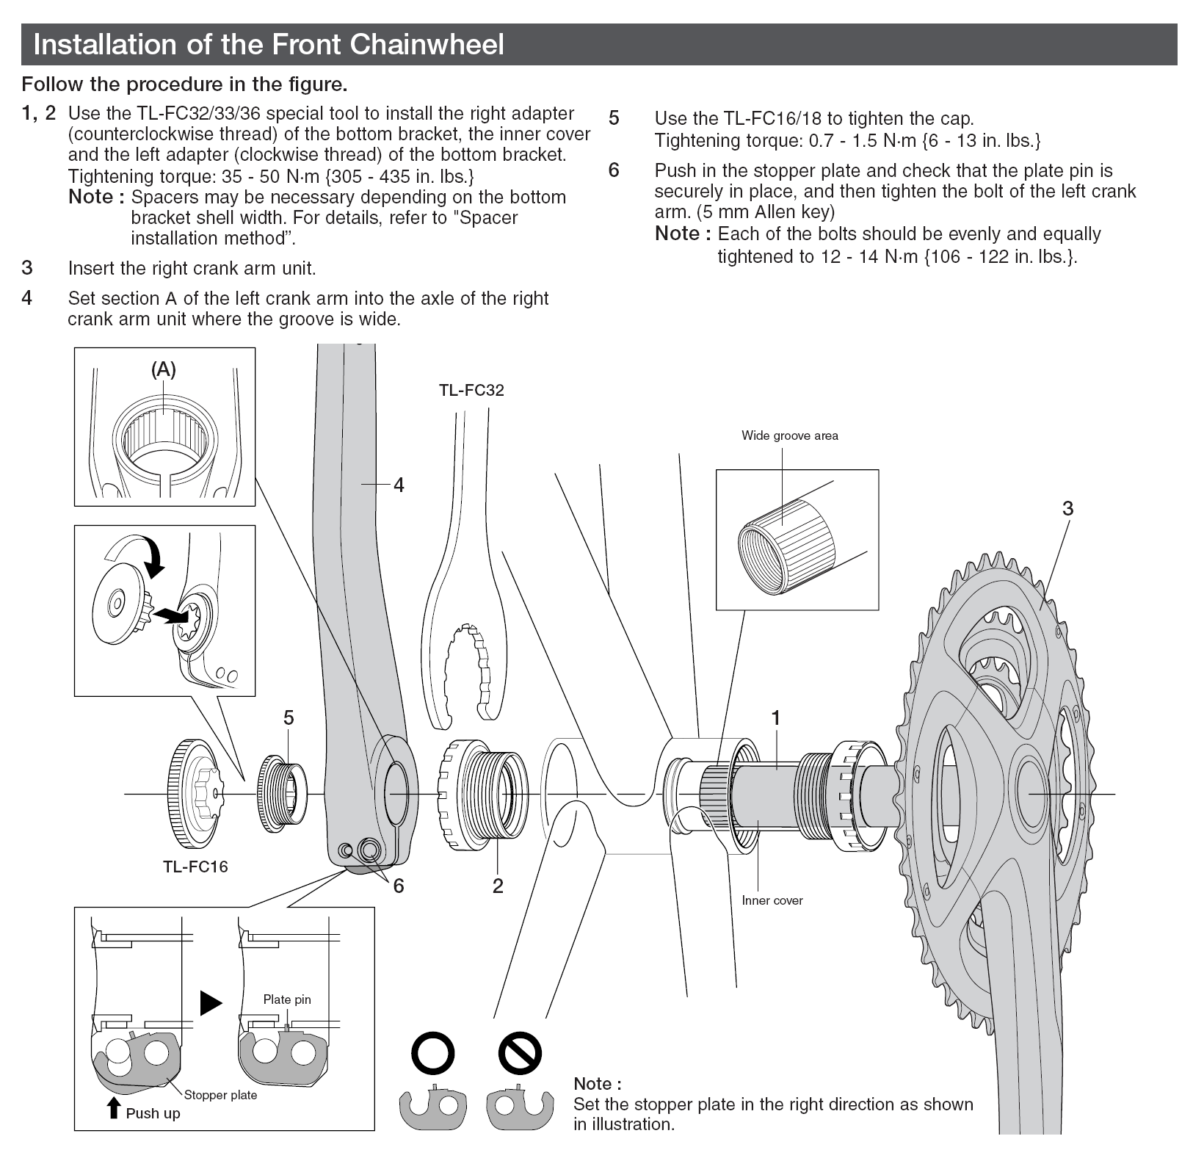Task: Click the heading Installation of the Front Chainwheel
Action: (269, 45)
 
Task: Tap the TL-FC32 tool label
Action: (471, 390)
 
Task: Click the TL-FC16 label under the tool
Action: (195, 867)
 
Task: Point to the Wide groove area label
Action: (789, 435)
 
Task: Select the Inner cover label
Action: (772, 900)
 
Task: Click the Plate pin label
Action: (287, 999)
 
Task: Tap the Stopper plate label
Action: (220, 1095)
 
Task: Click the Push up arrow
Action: (113, 1108)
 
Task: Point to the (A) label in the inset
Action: (164, 369)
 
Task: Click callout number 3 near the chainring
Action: (1067, 508)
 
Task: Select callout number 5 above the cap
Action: (289, 717)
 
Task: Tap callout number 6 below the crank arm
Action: (399, 886)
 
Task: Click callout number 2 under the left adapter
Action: (498, 886)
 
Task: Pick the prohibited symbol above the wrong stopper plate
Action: (519, 1055)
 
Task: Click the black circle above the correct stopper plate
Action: (433, 1055)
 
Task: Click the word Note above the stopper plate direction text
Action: (597, 1084)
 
